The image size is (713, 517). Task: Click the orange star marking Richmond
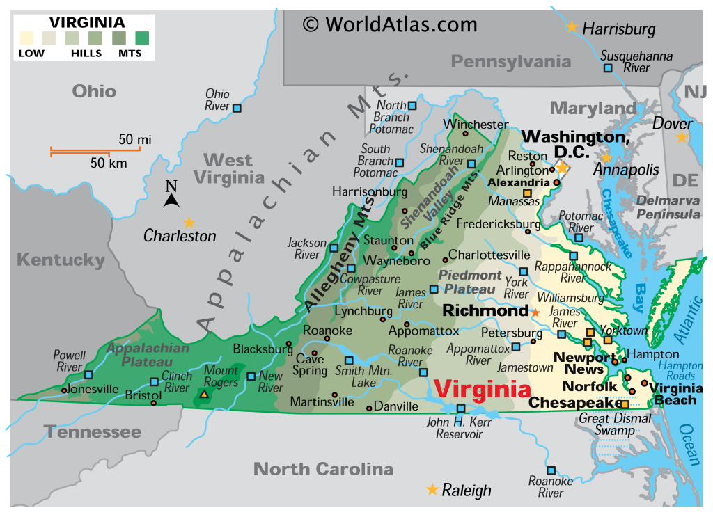point(535,312)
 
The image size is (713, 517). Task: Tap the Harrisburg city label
point(618,29)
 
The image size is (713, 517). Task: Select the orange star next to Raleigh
point(432,490)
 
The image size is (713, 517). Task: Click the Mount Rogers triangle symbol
point(204,395)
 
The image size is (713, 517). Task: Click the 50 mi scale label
point(134,140)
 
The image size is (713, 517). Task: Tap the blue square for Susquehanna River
point(608,68)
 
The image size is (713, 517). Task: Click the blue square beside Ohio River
point(237,108)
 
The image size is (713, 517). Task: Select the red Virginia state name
point(480,389)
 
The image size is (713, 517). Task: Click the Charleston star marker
point(189,223)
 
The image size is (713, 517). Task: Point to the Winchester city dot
point(466,134)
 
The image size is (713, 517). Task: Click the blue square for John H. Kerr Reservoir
point(460,408)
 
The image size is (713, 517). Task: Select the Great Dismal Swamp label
point(615,424)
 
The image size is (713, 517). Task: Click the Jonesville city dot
point(64,390)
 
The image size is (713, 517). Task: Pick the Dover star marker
point(682,138)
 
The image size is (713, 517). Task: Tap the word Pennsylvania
point(510,62)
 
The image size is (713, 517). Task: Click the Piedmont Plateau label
point(470,282)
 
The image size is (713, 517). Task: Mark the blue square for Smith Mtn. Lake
point(349,360)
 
